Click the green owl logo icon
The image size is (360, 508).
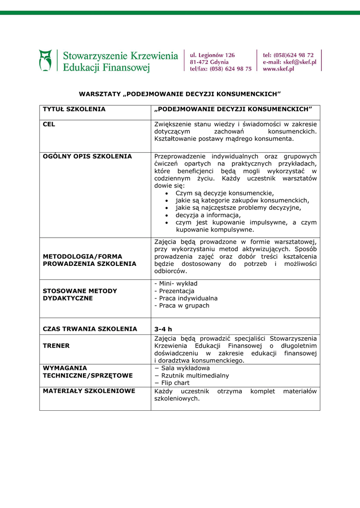(x=45, y=61)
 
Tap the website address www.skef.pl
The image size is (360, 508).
(x=278, y=69)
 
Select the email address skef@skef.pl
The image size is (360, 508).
(x=299, y=62)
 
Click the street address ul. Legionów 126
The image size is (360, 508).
(x=212, y=55)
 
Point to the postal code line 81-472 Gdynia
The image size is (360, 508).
(x=209, y=62)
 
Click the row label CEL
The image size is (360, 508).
(x=49, y=124)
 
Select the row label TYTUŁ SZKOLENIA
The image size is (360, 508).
(x=74, y=109)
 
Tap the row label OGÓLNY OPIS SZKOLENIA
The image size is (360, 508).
(x=87, y=156)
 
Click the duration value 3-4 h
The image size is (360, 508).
(x=163, y=329)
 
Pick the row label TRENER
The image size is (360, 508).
(x=56, y=346)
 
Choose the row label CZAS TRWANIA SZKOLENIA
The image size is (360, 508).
(x=90, y=329)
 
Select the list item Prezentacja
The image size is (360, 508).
(x=174, y=291)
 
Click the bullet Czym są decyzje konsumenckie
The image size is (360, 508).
(x=224, y=193)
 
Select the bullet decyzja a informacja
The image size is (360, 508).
(x=208, y=215)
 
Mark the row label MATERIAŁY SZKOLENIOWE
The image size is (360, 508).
(x=89, y=391)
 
